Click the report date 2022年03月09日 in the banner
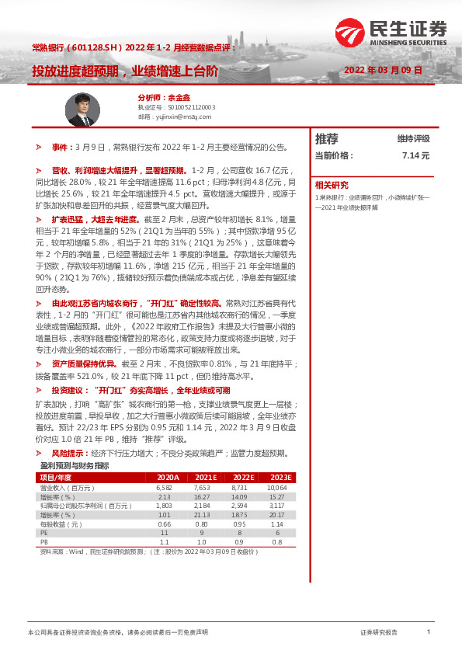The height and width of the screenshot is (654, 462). (x=383, y=70)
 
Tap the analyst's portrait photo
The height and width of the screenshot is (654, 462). (x=82, y=109)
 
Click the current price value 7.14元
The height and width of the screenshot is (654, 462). (x=415, y=155)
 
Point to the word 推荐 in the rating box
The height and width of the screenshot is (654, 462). (x=327, y=139)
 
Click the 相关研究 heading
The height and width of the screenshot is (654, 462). (x=332, y=185)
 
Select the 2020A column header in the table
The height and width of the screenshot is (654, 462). (x=168, y=477)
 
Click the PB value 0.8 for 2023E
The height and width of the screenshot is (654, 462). (x=278, y=543)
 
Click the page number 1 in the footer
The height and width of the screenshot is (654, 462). (x=429, y=632)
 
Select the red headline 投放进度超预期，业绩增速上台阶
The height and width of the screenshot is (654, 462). (x=125, y=70)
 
